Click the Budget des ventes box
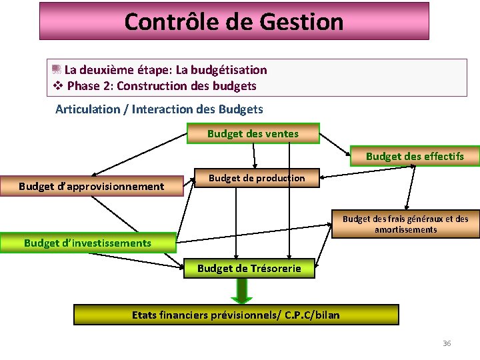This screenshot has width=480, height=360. pos(253,134)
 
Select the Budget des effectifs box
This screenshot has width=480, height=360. pos(415,157)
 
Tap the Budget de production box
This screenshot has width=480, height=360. pos(257,178)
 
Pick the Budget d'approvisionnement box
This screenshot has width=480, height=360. pos(91,186)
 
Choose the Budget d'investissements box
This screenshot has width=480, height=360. pos(87,243)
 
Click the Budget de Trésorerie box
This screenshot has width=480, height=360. pos(249,269)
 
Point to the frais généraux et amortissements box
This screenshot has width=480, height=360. pos(405,224)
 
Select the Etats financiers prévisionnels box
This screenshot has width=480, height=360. pos(235,315)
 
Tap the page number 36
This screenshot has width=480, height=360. pos(447,343)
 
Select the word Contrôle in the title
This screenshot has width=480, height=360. pos(166,22)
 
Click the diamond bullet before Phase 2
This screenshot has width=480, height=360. pos(57,86)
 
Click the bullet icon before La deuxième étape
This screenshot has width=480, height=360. pos(57,69)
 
